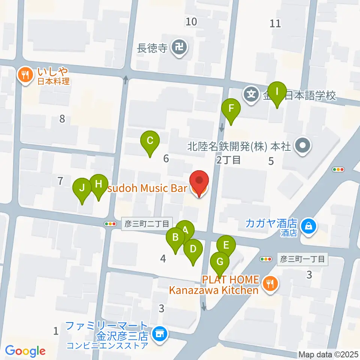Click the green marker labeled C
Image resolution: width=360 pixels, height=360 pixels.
(150, 142)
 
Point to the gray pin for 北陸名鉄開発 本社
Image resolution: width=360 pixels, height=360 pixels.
(302, 145)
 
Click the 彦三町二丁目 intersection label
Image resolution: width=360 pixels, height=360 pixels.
(147, 223)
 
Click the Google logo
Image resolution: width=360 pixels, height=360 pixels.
(25, 351)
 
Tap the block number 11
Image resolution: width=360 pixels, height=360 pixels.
(275, 23)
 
